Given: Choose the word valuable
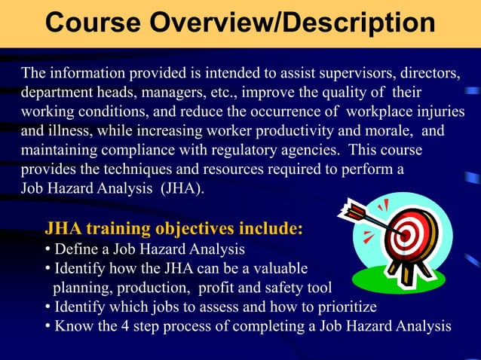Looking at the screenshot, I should pyautogui.click(x=281, y=268).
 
